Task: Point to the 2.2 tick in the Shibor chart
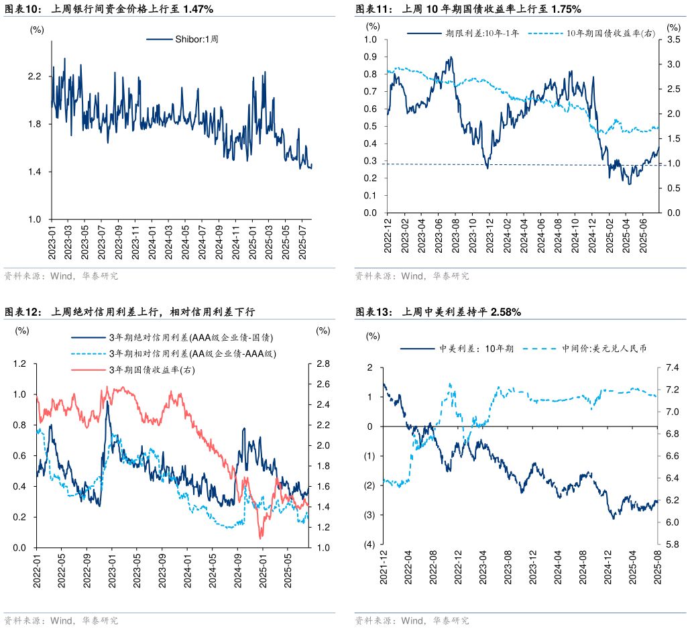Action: click(34, 76)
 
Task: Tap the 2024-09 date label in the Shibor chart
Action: click(219, 244)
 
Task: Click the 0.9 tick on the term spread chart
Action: click(370, 57)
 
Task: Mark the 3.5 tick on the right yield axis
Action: click(671, 40)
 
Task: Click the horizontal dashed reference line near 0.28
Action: click(523, 164)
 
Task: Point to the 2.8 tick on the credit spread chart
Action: click(323, 364)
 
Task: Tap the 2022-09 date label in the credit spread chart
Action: click(87, 570)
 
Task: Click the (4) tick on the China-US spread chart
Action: click(369, 545)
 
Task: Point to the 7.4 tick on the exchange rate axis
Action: click(672, 367)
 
